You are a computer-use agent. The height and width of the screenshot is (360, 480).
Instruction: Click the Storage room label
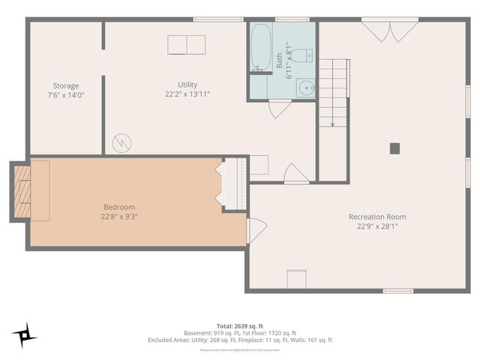65,85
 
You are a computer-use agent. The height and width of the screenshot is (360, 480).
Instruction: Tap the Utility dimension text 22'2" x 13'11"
187,94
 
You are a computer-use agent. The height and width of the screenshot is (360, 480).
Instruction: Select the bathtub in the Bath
260,48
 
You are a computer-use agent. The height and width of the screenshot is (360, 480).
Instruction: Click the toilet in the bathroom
304,55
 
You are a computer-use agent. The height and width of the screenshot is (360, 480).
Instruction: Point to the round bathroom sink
306,88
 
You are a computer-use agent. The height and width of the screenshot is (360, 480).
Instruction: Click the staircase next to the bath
333,94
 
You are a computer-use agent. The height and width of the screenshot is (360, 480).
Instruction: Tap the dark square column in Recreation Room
394,148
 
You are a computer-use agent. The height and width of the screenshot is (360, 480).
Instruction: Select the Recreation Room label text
376,217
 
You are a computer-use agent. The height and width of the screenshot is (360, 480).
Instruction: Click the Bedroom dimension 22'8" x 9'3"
119,217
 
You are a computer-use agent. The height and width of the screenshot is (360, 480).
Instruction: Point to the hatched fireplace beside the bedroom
22,191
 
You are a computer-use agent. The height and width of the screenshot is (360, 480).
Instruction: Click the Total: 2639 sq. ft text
240,325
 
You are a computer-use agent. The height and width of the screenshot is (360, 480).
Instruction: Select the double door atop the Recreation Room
390,31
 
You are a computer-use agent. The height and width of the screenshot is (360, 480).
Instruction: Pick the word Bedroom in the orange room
119,207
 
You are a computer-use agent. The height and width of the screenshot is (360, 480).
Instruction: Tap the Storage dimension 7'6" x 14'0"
65,95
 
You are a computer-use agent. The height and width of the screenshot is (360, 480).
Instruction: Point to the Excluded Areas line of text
240,340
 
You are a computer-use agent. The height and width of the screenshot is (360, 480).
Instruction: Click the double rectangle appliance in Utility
186,45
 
